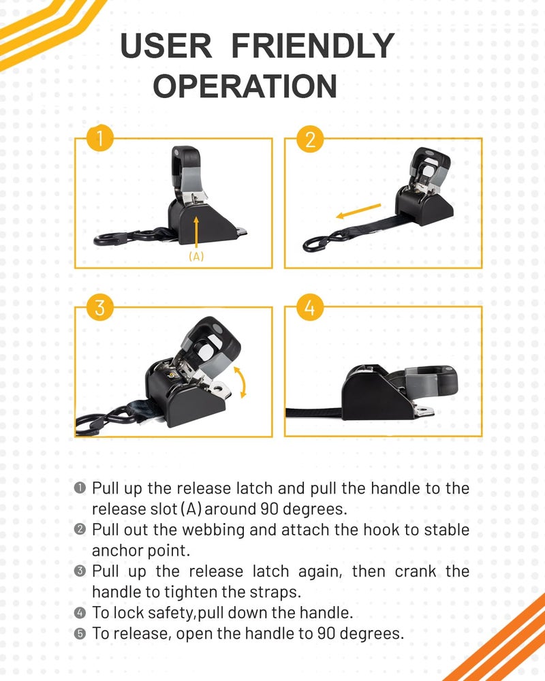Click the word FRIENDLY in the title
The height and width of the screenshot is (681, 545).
313,46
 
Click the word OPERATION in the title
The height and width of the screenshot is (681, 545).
245,86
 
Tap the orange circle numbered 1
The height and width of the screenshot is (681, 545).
99,138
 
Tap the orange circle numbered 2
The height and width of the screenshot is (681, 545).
310,139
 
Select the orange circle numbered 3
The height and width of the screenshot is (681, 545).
99,308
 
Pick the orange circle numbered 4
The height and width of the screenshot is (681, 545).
310,308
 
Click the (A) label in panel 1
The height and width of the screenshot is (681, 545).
196,256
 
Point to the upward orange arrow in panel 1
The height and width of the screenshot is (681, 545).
196,232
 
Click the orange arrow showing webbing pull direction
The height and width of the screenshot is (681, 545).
358,211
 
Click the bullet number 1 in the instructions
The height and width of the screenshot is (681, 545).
80,488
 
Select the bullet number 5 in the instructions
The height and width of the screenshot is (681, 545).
80,633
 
